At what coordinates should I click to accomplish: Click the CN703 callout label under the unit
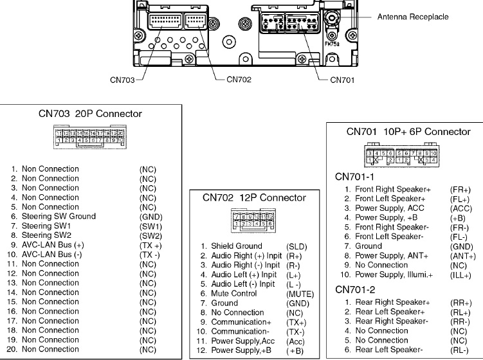click(122, 80)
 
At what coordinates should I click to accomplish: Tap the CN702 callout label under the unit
click(238, 80)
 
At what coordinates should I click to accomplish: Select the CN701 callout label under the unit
click(342, 80)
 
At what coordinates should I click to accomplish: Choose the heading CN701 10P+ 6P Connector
click(408, 132)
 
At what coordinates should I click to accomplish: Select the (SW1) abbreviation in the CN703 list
click(150, 226)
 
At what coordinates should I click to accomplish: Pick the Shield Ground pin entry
click(236, 246)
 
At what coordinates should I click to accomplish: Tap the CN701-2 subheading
click(356, 289)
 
